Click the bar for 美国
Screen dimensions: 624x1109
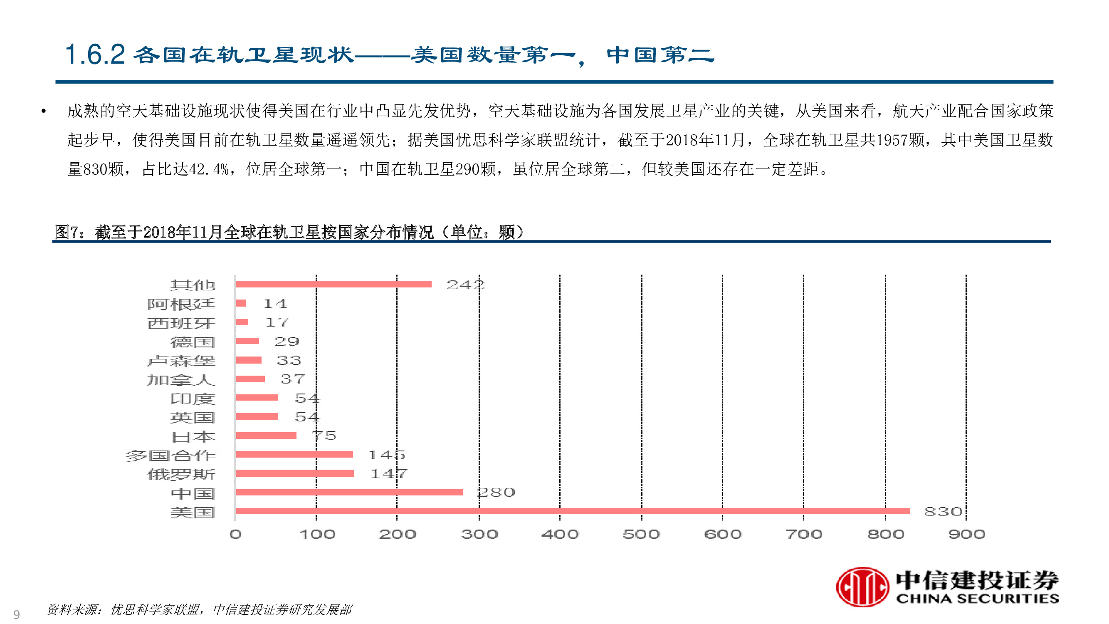click(573, 511)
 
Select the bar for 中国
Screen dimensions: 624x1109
click(349, 492)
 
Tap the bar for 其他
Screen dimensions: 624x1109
click(333, 284)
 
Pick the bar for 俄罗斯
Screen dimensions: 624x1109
click(295, 473)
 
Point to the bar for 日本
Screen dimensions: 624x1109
click(266, 436)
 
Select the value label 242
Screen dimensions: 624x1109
click(465, 285)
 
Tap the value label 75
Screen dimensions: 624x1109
click(325, 436)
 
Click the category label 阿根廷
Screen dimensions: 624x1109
click(181, 304)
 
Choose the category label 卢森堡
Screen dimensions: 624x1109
click(181, 360)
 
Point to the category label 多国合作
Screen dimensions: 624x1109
click(170, 455)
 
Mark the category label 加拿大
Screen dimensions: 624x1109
click(181, 379)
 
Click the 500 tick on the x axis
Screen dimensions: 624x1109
click(641, 534)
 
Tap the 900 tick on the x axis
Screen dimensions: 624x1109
click(966, 534)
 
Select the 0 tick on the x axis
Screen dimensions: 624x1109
click(235, 534)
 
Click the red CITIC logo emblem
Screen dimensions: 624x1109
click(862, 587)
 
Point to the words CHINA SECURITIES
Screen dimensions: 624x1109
click(977, 598)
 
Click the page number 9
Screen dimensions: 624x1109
click(16, 614)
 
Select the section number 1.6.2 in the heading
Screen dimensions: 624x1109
click(95, 54)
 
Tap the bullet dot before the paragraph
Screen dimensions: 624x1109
click(44, 111)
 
